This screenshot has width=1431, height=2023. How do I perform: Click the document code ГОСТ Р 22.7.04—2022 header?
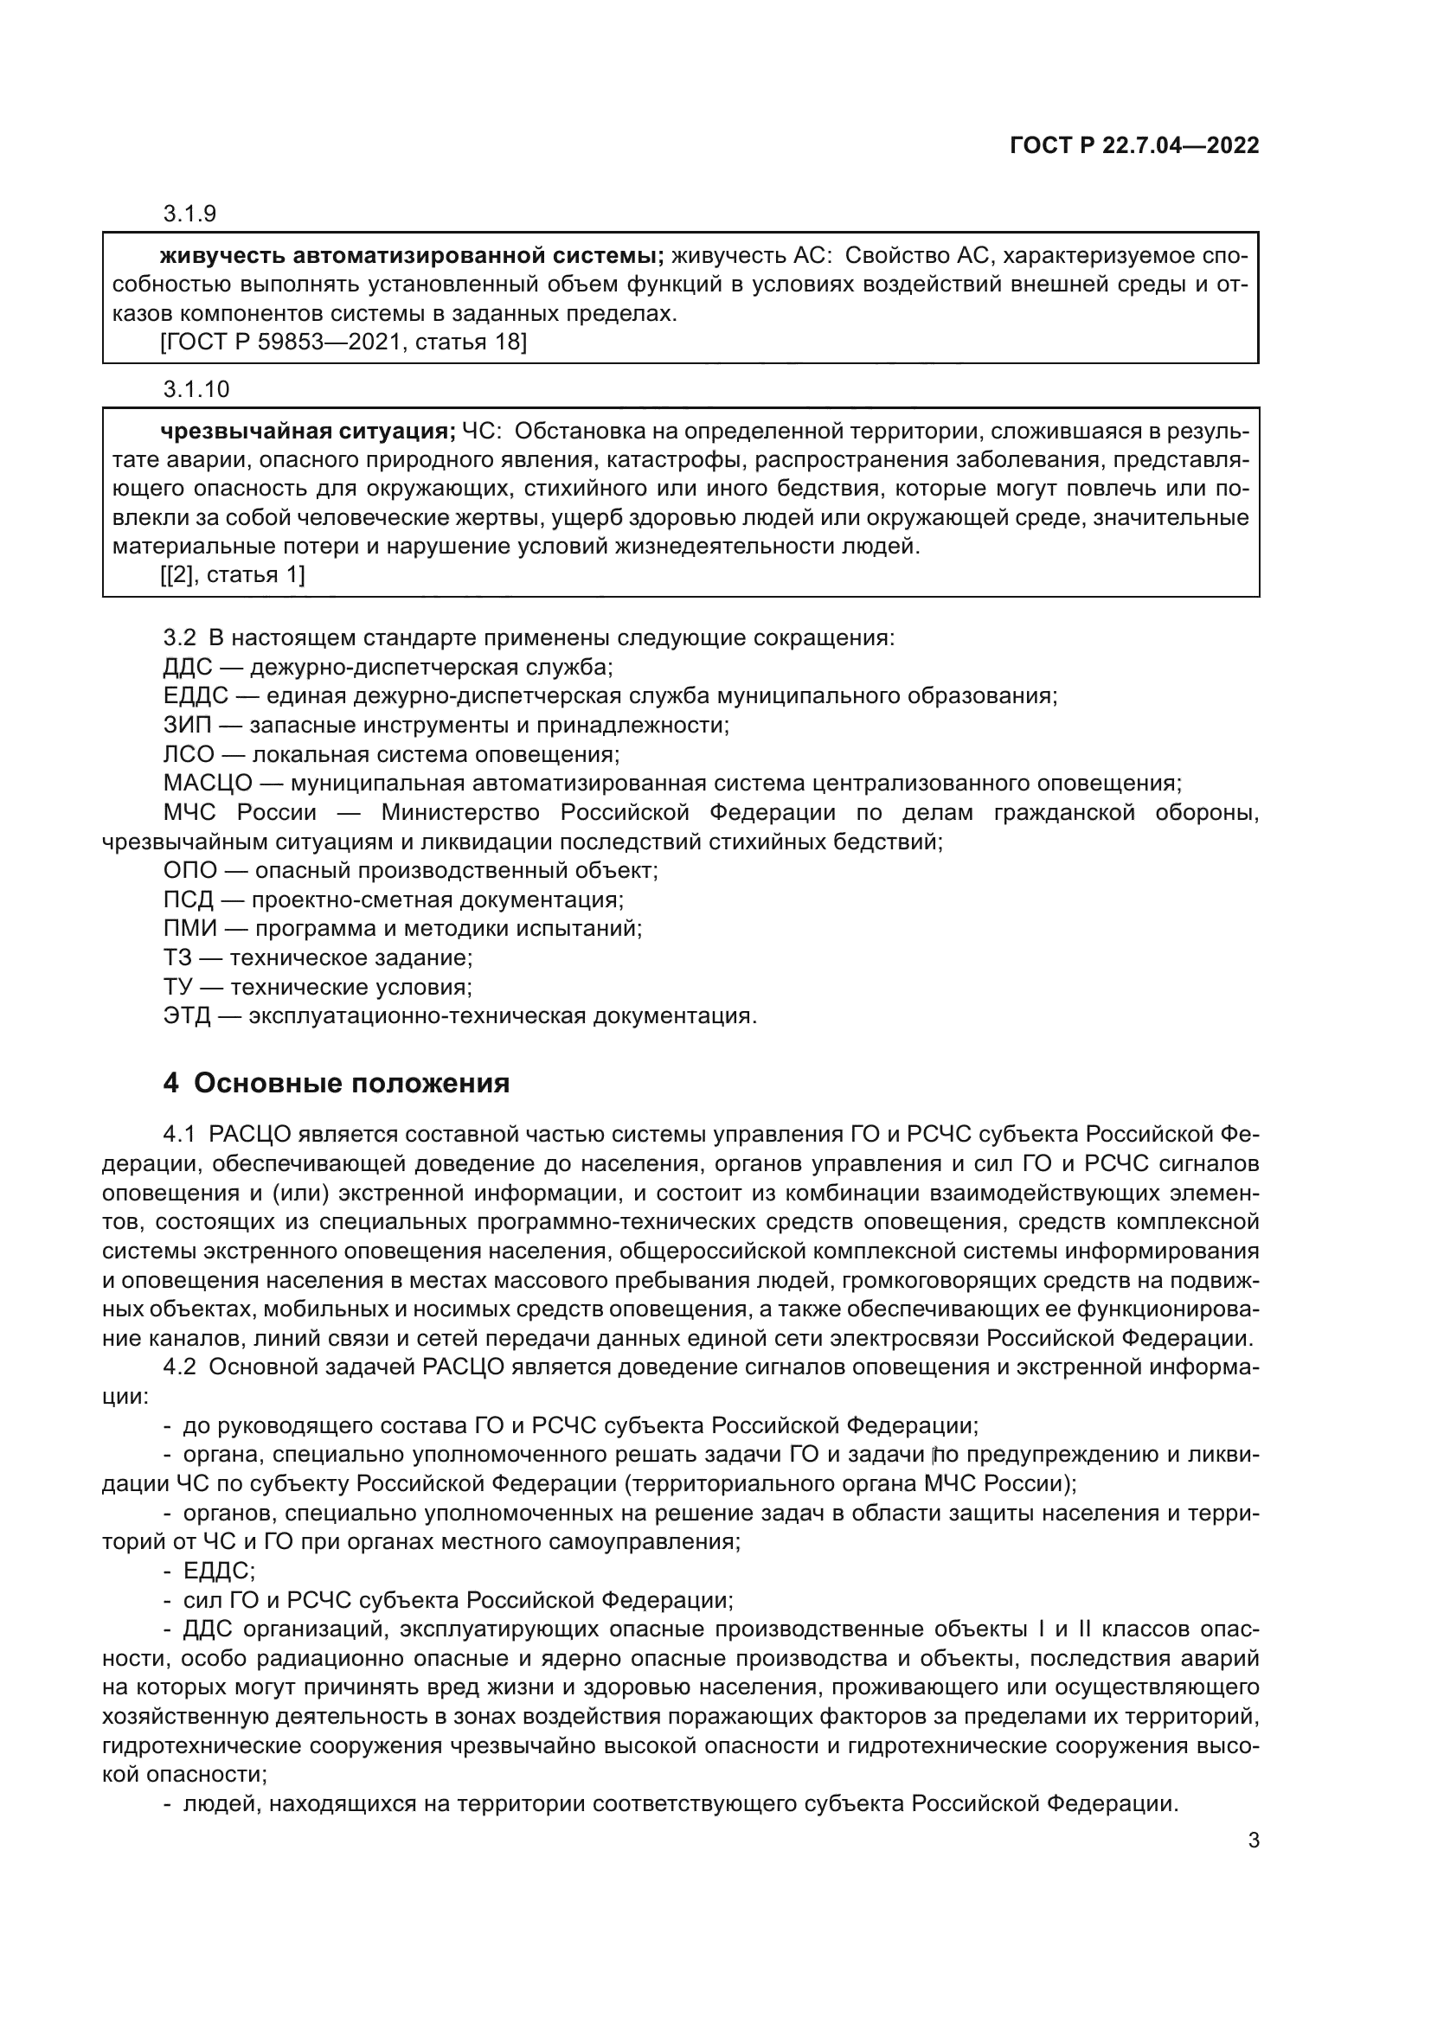(x=1134, y=146)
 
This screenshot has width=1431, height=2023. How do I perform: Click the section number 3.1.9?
(x=189, y=214)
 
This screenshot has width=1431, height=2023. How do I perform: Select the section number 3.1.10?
(x=196, y=388)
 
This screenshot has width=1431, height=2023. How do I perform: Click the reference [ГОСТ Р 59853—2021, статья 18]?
(x=343, y=342)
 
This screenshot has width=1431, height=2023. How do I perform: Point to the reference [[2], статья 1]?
(x=233, y=574)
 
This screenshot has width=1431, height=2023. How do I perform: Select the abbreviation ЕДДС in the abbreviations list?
(x=195, y=696)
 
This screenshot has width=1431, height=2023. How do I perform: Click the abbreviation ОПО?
(x=189, y=871)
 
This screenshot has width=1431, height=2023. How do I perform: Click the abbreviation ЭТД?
(x=187, y=1016)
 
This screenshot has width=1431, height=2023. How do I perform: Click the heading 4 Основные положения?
(x=336, y=1083)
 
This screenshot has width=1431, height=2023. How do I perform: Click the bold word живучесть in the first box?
(x=222, y=256)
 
